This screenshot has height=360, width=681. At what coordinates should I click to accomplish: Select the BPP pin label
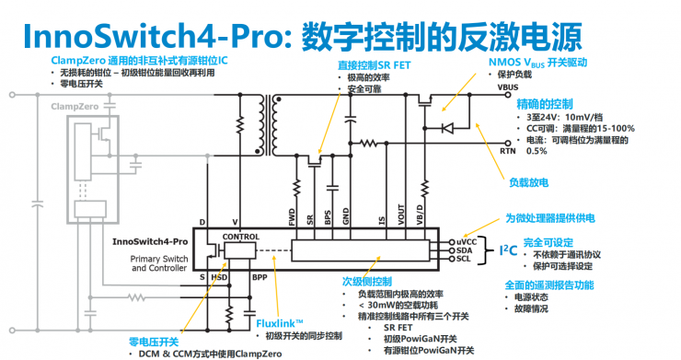260,276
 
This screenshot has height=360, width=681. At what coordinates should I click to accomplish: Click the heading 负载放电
529,181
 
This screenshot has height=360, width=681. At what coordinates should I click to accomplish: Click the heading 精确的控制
546,102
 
